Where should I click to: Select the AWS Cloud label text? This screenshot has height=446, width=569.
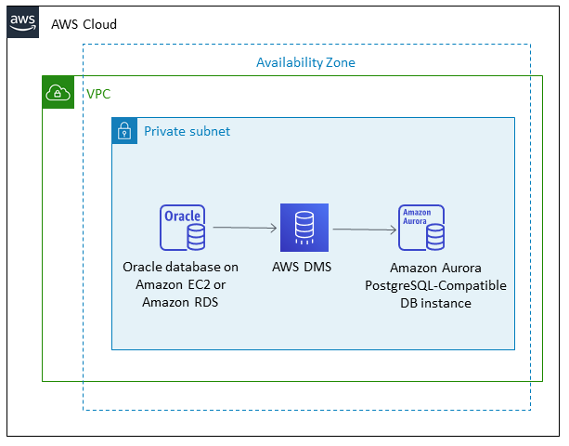[x=84, y=24]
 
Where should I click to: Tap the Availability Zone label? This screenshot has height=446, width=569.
[x=305, y=62]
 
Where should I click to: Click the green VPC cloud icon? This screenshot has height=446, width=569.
[x=58, y=92]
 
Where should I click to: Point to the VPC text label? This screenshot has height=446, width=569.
[x=98, y=94]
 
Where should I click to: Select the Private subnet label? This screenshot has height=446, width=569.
[x=187, y=131]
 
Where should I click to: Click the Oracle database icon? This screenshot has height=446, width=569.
[x=182, y=228]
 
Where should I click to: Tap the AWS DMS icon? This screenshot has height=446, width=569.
[x=304, y=228]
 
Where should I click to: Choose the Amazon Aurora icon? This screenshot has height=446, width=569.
[x=421, y=228]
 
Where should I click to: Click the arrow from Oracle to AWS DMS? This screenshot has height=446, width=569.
[x=245, y=227]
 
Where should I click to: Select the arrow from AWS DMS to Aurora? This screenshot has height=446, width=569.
[x=364, y=229]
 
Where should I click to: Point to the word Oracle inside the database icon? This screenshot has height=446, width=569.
[x=181, y=216]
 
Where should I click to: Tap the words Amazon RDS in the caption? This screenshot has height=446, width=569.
[x=182, y=302]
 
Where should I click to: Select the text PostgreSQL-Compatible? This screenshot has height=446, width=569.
[x=435, y=285]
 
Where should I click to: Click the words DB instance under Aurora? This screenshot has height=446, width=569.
[x=435, y=303]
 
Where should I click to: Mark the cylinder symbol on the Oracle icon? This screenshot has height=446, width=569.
[x=196, y=239]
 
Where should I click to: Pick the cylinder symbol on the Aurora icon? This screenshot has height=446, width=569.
[x=433, y=239]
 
